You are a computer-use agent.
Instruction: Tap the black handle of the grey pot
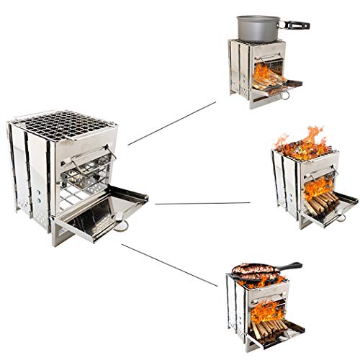coord(296,24)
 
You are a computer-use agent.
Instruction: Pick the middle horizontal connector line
coord(202,203)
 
